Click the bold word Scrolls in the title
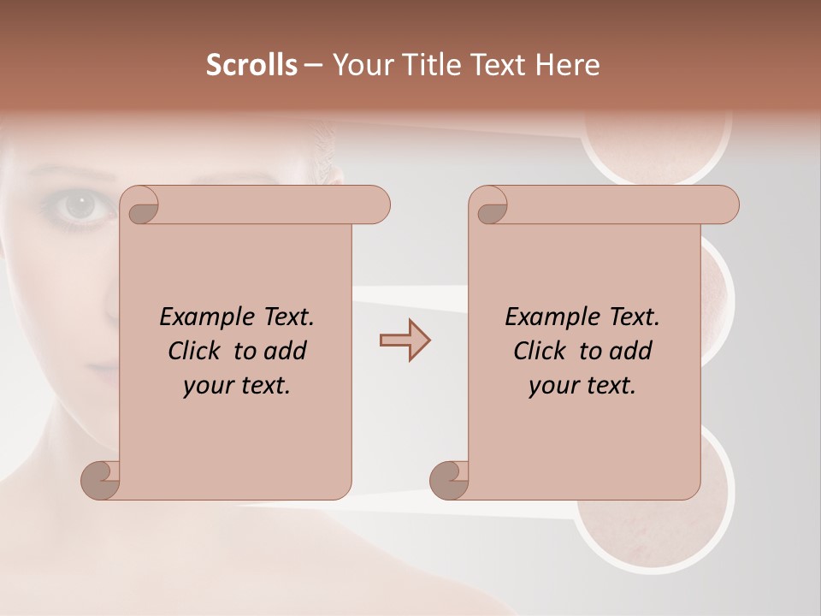[x=252, y=65]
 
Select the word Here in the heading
[x=567, y=65]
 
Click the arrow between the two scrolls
[x=405, y=341]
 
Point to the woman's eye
[x=80, y=205]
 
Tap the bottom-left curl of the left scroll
[x=100, y=480]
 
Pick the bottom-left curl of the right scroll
[x=449, y=480]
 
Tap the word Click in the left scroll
[x=187, y=351]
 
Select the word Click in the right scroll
[x=533, y=351]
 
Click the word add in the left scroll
[x=285, y=351]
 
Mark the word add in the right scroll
[x=630, y=351]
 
